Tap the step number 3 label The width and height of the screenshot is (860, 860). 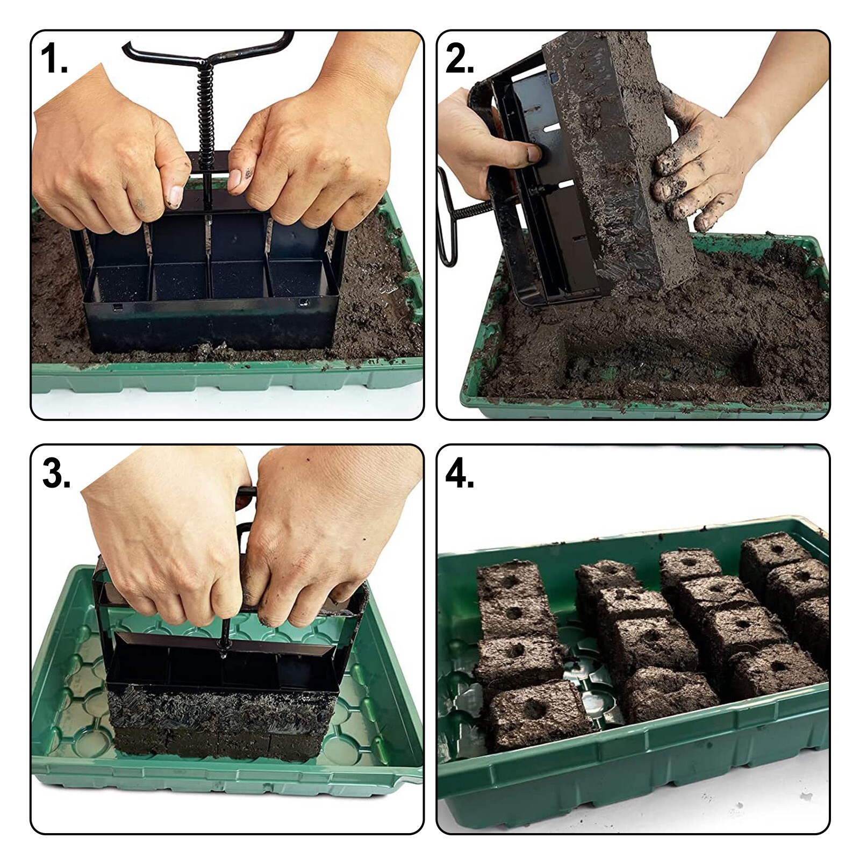[x=56, y=473]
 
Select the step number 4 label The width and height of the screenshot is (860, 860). [x=460, y=473]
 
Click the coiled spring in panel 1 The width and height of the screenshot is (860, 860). [x=206, y=107]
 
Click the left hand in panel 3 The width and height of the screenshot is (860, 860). [x=167, y=537]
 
